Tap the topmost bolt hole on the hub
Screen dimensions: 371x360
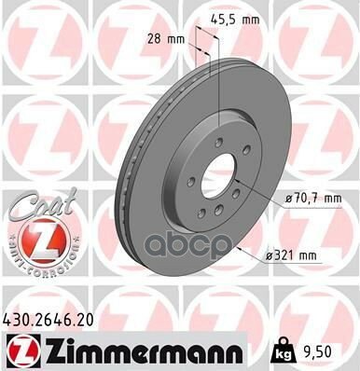pos(217,142)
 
